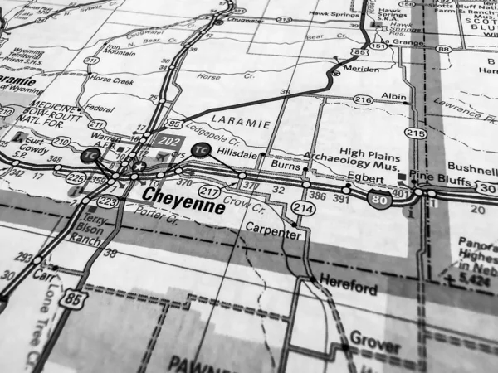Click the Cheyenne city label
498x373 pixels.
point(183,201)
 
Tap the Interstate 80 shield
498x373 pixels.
point(380,199)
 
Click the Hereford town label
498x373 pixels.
point(349,285)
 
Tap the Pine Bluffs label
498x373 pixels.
point(439,177)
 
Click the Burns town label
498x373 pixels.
point(285,165)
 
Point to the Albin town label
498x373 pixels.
point(394,97)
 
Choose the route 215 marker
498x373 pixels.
point(415,133)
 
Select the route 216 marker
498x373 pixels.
point(363,99)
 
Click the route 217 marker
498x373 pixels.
point(210,192)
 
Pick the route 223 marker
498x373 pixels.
point(107,201)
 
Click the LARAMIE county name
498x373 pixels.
point(247,123)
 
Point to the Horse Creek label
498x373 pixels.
point(112,80)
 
